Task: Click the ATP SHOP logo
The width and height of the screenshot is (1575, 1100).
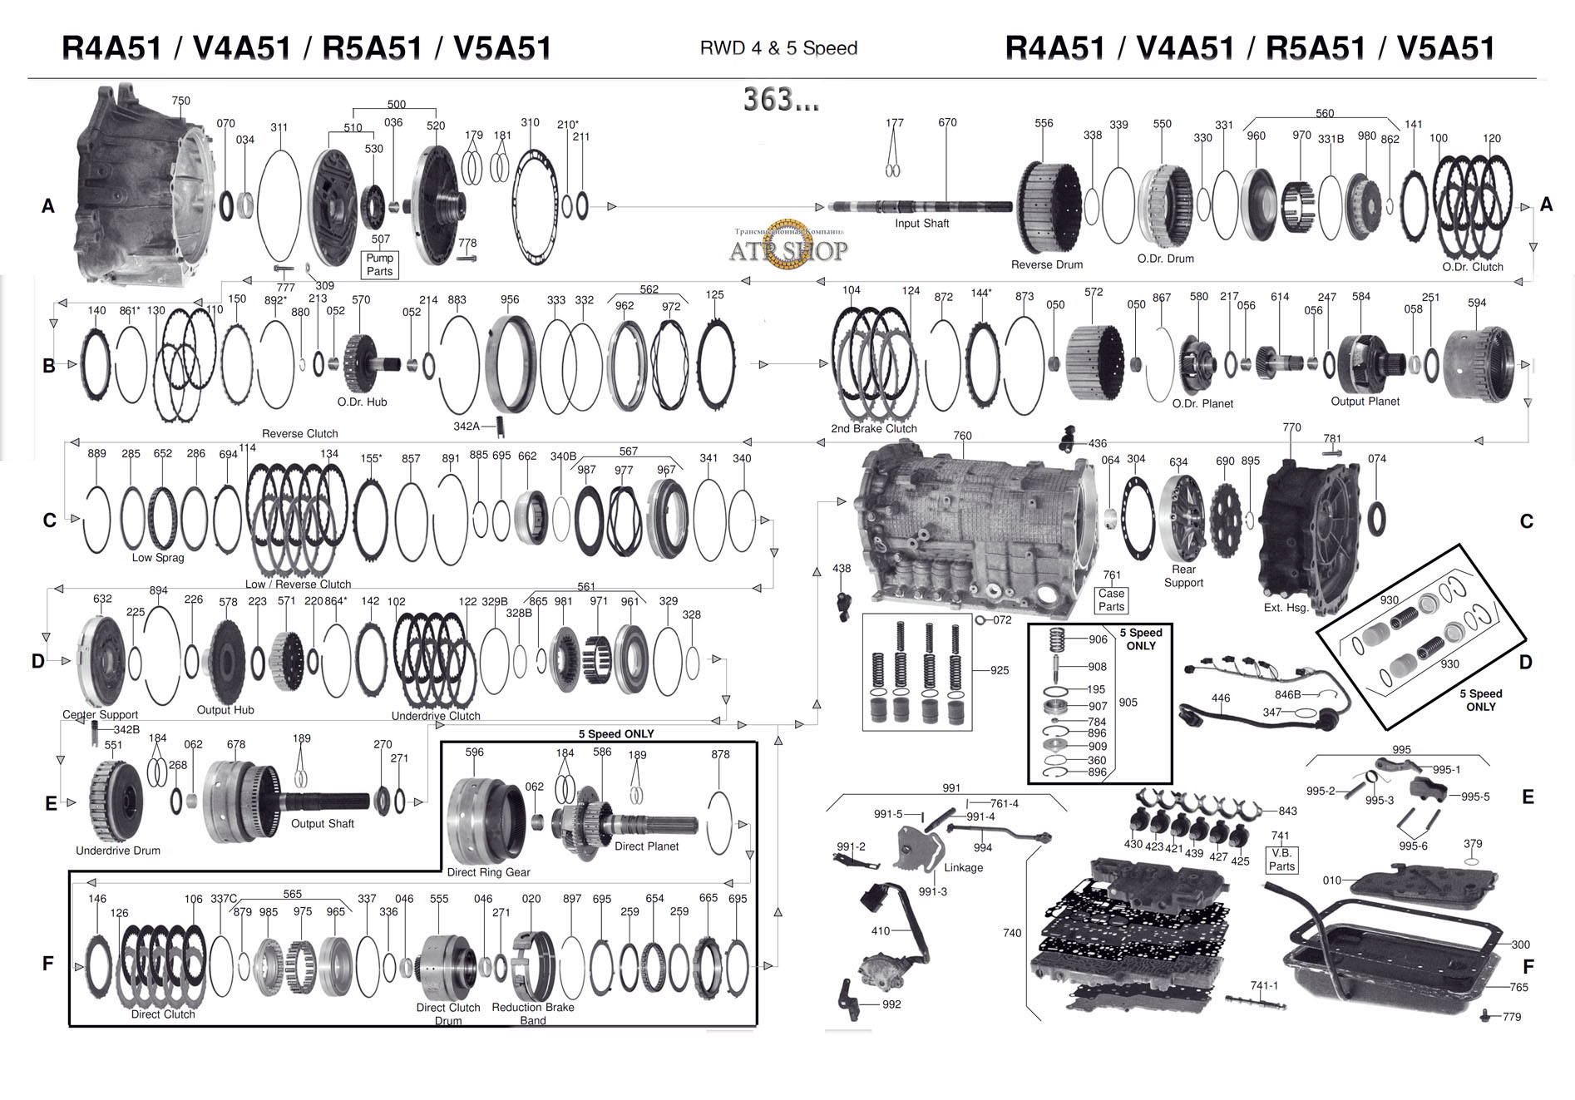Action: [x=787, y=246]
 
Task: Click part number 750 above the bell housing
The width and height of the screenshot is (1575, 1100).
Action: [x=180, y=101]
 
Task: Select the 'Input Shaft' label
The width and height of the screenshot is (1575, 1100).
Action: [x=921, y=224]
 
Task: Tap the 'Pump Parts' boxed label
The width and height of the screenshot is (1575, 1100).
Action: [x=379, y=264]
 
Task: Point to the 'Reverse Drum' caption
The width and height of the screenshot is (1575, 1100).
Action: [x=1046, y=264]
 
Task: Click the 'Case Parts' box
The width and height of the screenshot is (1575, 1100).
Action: [x=1111, y=599]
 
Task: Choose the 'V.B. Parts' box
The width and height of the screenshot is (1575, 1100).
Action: [x=1281, y=860]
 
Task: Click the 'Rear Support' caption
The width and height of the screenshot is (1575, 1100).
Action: [x=1183, y=575]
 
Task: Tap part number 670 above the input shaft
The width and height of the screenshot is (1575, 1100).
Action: [x=947, y=122]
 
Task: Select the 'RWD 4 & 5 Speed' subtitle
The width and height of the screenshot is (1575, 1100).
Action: [x=778, y=48]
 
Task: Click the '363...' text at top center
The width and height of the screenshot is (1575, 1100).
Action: [x=781, y=101]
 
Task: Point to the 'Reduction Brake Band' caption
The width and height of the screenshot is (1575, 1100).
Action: [x=533, y=1014]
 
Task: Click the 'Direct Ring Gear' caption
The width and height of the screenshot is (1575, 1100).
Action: [x=488, y=872]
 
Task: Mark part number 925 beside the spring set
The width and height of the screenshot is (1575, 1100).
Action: [x=999, y=670]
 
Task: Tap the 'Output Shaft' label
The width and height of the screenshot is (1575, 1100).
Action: [x=322, y=823]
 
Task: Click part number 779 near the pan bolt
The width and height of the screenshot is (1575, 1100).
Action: [x=1511, y=1017]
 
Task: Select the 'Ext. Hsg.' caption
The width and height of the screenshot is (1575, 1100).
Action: [x=1286, y=607]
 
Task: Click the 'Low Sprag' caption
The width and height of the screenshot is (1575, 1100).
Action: [x=158, y=557]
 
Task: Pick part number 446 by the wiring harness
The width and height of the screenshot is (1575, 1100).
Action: [x=1220, y=698]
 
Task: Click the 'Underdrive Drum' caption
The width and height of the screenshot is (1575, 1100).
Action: [x=118, y=851]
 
